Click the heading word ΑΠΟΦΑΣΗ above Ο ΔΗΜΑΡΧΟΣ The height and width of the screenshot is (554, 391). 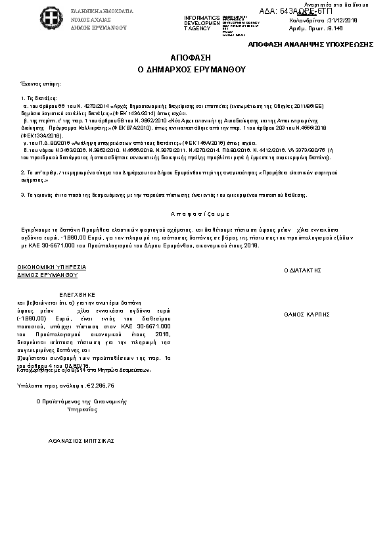click(x=196, y=58)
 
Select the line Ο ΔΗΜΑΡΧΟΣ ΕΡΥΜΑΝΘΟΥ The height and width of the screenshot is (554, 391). click(x=196, y=68)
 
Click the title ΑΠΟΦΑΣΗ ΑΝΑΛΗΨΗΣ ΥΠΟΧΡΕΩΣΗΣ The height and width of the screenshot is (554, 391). click(x=311, y=43)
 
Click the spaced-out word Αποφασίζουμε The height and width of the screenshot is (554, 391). click(x=196, y=214)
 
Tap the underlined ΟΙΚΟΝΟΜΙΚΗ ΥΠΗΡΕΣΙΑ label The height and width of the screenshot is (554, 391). click(x=52, y=267)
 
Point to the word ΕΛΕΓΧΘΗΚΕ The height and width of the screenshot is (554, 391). click(x=78, y=294)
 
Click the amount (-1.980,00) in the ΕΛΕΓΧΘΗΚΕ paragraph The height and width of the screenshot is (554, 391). click(x=32, y=317)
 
